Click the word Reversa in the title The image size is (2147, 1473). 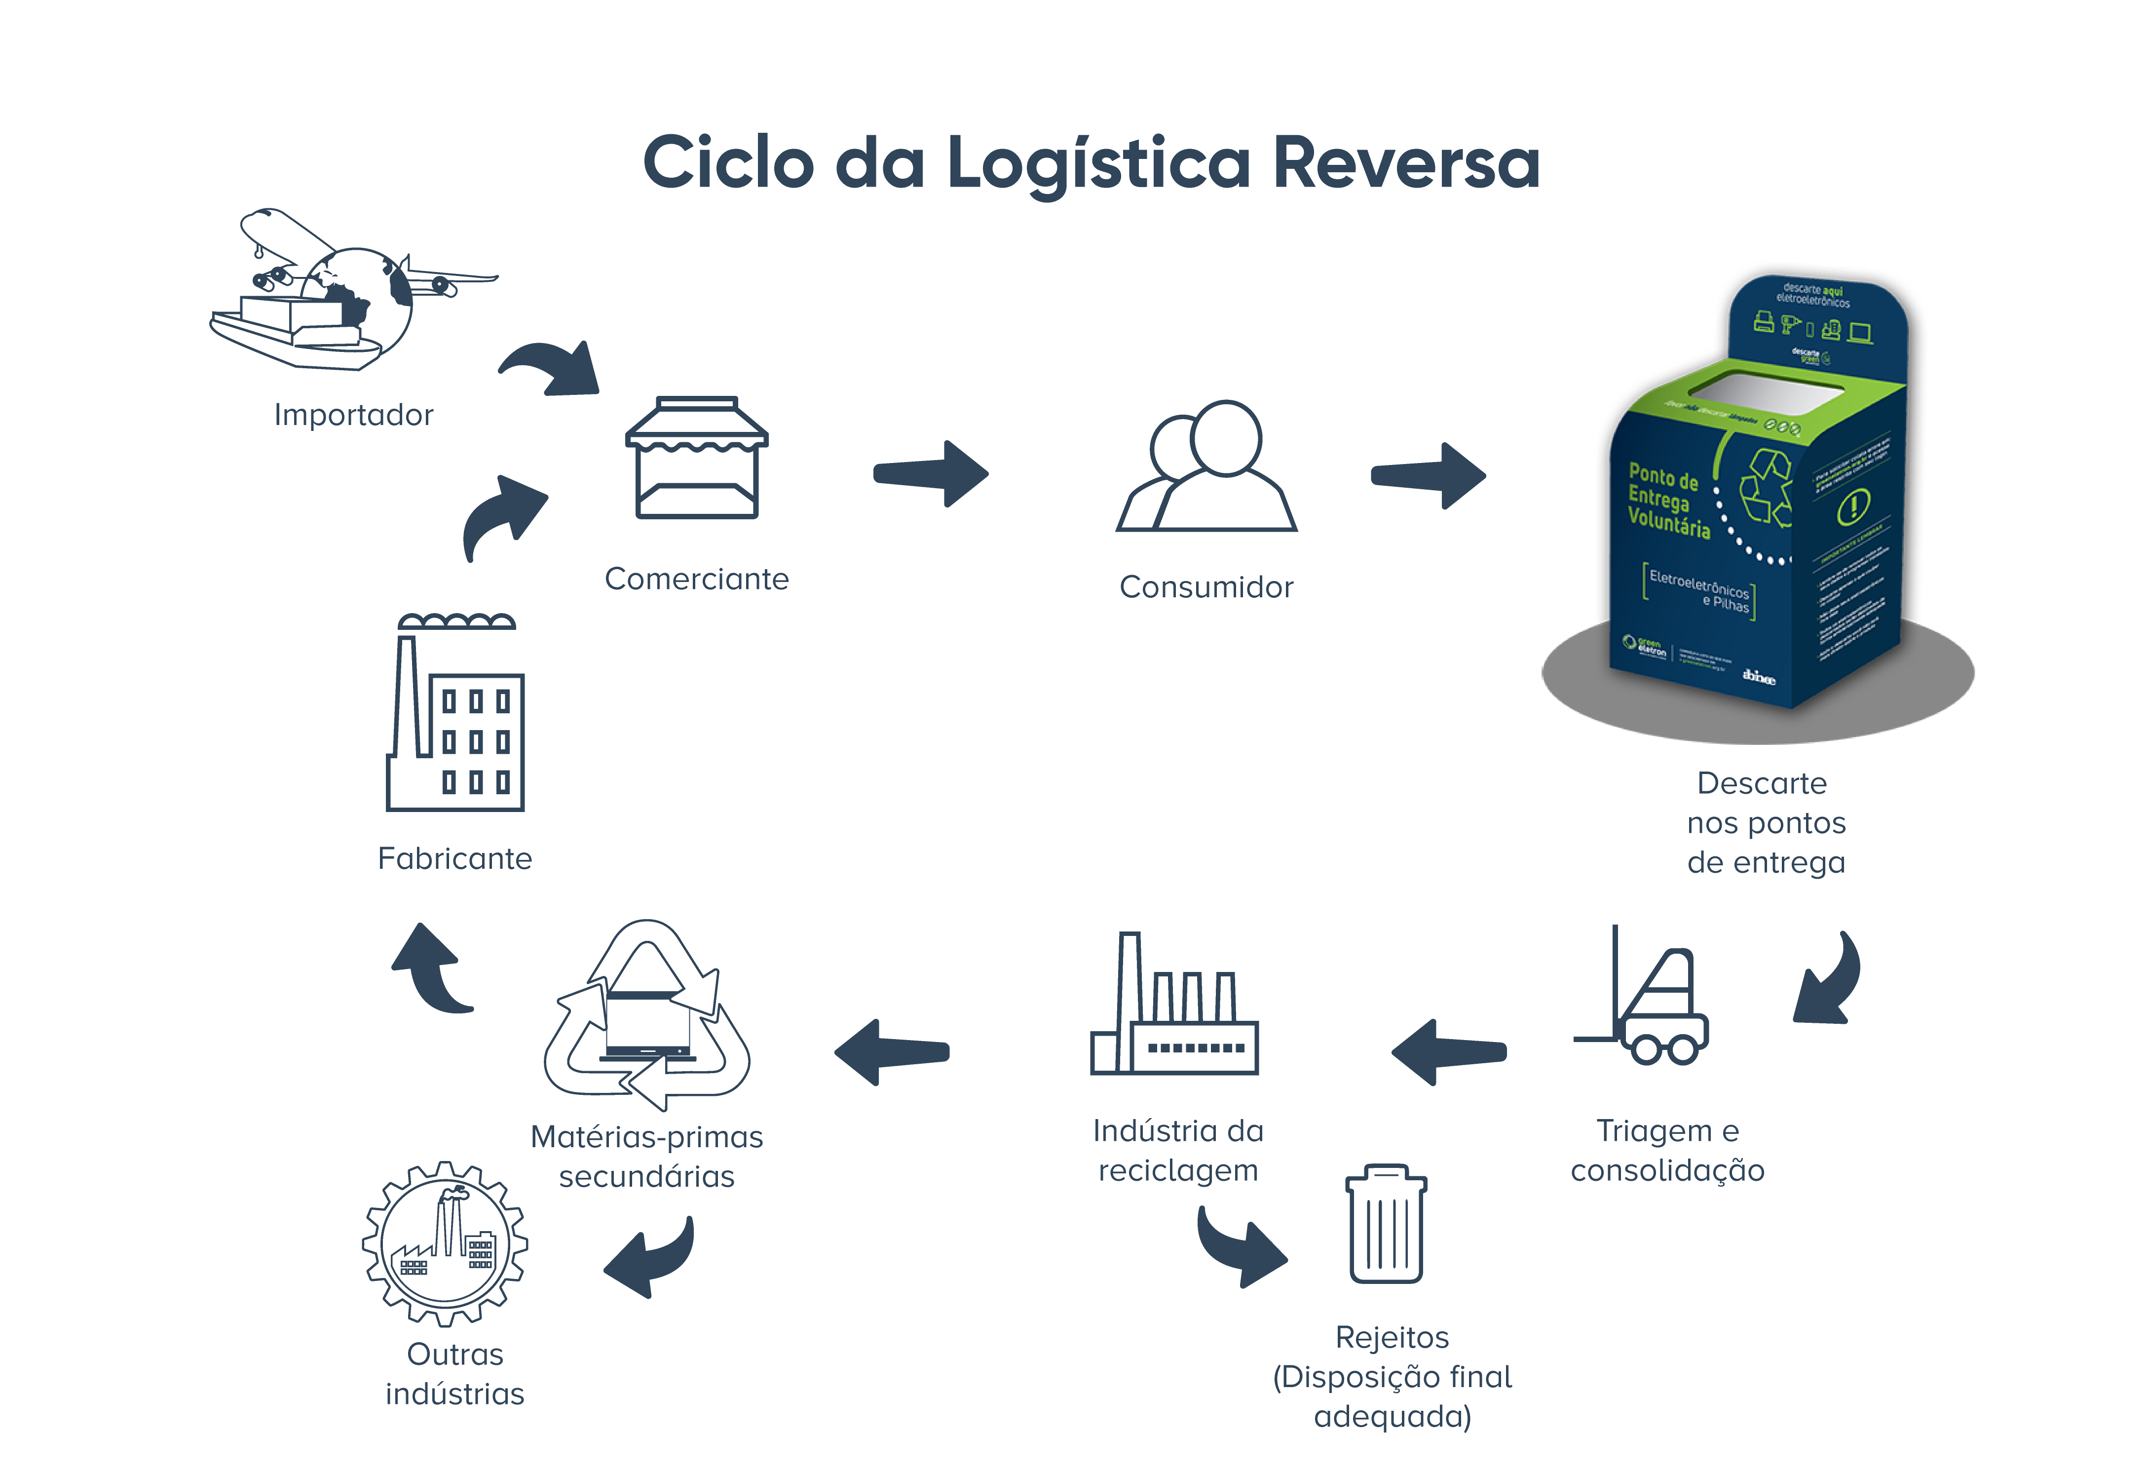point(1405,162)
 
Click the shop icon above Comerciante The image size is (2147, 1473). point(697,459)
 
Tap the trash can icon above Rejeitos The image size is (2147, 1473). point(1386,1224)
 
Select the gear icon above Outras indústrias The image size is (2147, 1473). point(445,1243)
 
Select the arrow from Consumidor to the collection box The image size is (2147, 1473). point(1428,476)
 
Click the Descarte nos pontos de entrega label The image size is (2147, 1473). point(1765,822)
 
